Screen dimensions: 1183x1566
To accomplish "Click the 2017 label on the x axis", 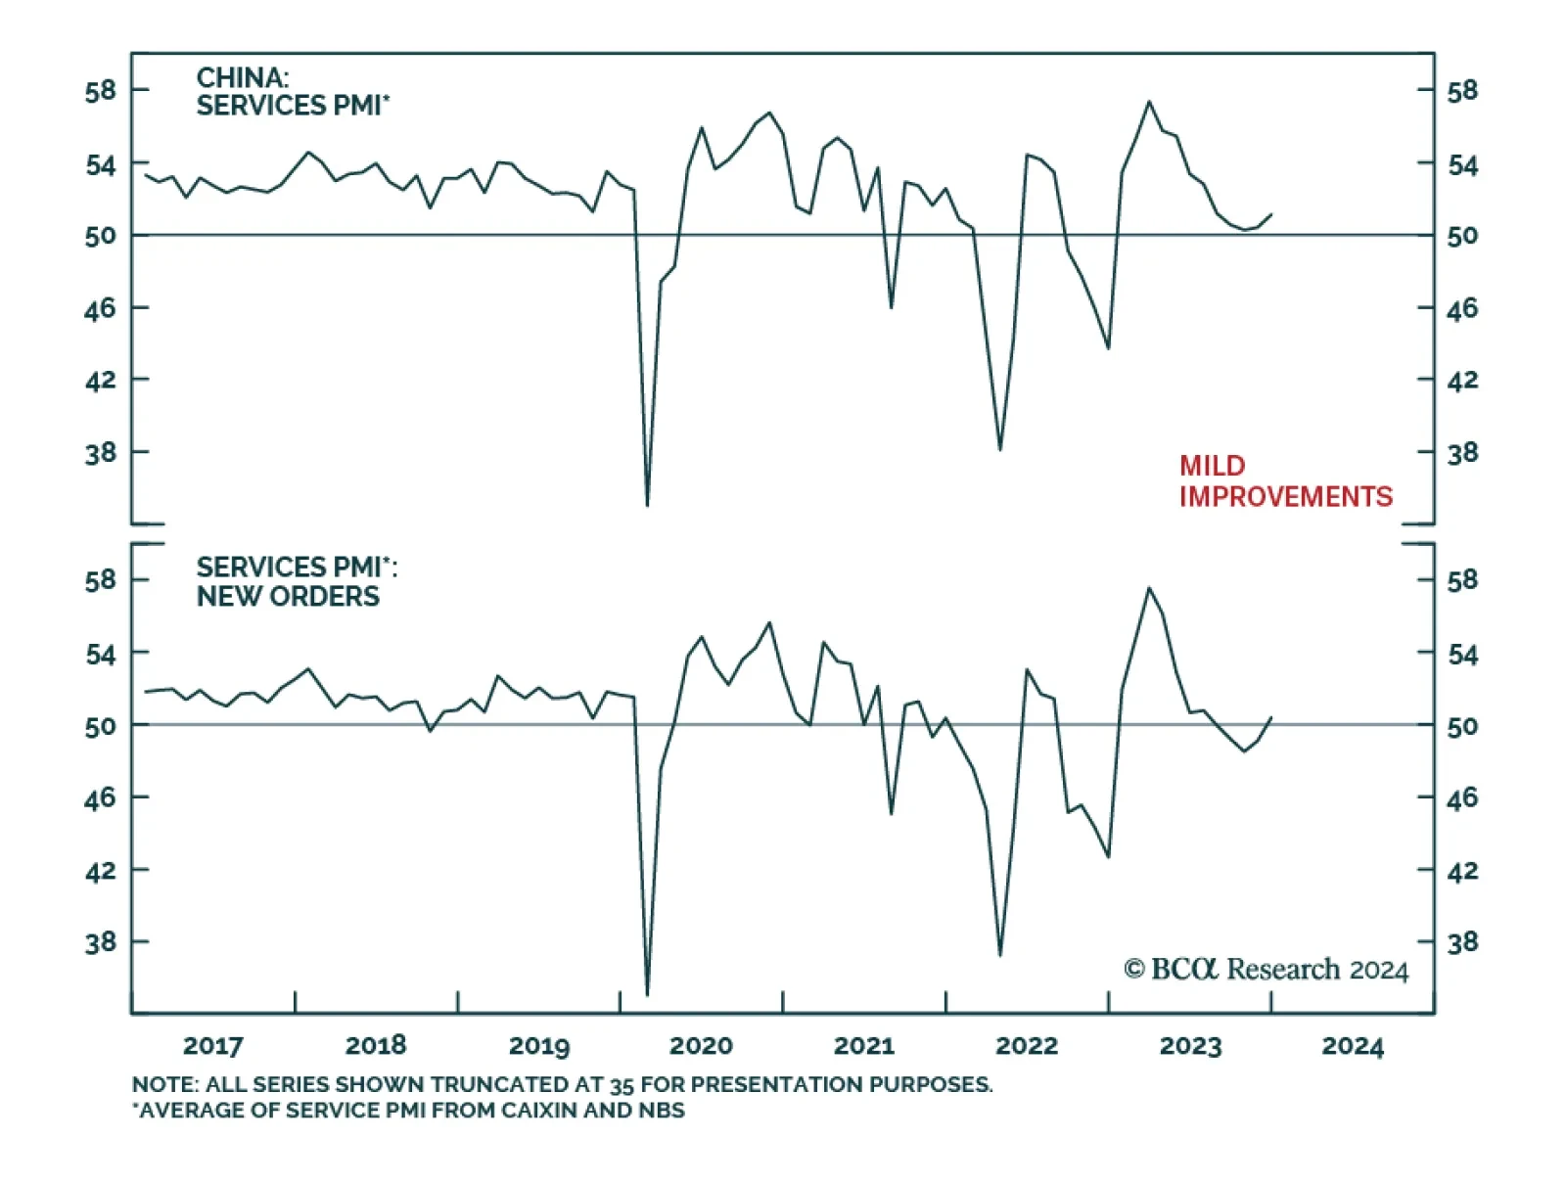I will pos(212,1046).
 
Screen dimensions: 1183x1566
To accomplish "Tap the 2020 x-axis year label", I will pos(701,1046).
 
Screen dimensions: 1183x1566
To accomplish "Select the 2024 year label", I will pos(1353,1046).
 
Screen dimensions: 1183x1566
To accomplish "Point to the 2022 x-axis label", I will pos(1027,1046).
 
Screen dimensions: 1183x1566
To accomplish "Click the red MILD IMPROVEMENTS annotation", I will pos(1284,481).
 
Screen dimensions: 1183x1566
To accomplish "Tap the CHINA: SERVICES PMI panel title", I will pos(292,92).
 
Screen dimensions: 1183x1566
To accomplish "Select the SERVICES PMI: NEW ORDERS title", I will pos(296,581).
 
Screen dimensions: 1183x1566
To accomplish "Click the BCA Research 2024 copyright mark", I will pos(1266,969).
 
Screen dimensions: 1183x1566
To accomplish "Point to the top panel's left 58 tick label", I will pos(100,91).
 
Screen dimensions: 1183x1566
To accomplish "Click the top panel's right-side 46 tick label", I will pos(1462,309).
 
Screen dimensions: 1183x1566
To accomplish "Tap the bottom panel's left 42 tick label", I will pos(100,870).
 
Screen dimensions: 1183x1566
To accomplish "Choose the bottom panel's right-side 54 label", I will pos(1462,654).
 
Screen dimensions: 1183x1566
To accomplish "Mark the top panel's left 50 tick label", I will pos(100,236).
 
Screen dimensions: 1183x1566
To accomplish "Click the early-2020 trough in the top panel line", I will pos(647,504).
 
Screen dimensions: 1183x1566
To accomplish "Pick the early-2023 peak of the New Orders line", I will pos(1149,588).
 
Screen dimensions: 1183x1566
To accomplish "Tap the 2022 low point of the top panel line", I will pos(999,449).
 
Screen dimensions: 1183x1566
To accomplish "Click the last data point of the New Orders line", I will pos(1270,717).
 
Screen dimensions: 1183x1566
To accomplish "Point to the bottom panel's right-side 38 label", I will pos(1462,942).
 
